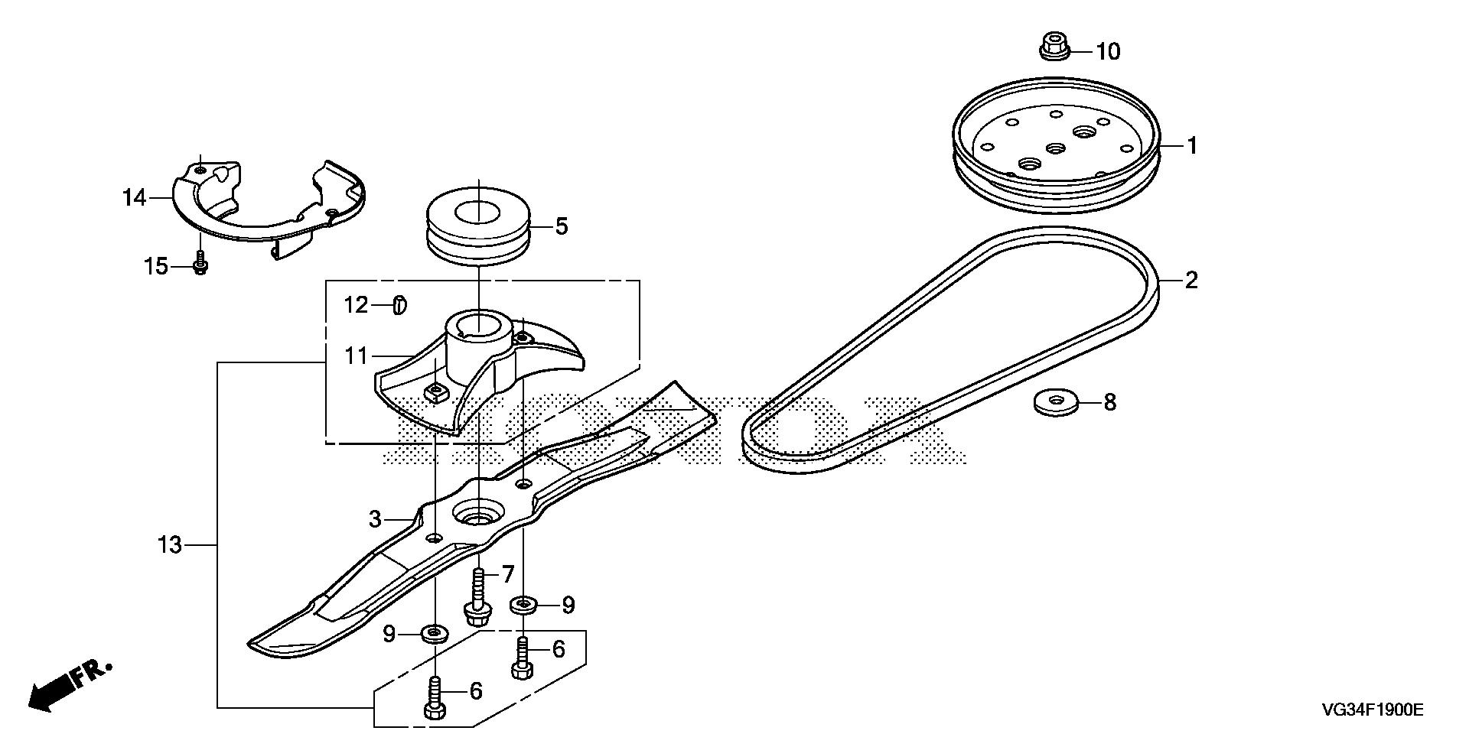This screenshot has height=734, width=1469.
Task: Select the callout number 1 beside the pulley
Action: [1191, 145]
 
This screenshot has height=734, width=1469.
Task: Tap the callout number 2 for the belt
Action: [1191, 281]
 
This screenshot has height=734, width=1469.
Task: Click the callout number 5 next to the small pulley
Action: [562, 226]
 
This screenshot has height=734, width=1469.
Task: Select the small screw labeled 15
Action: [200, 265]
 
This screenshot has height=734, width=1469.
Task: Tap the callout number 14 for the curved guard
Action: [134, 198]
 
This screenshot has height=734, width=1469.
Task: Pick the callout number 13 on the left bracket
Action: [170, 545]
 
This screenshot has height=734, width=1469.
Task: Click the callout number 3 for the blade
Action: [375, 520]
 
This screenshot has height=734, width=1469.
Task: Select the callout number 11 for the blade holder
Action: [357, 356]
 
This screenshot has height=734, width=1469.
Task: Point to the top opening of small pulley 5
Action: [477, 211]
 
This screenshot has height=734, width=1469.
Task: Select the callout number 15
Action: [156, 267]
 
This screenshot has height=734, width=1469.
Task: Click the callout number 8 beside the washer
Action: [1109, 402]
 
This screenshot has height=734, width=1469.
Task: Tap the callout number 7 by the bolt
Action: [508, 574]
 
